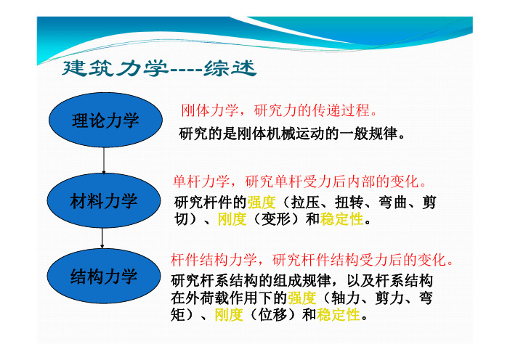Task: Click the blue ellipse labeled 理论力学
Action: tap(105, 120)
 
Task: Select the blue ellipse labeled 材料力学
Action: tap(104, 200)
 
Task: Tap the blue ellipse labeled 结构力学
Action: tap(104, 276)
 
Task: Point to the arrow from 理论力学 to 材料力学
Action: tap(104, 160)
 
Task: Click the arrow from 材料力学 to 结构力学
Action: tap(102, 238)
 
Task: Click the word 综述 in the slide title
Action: tap(230, 68)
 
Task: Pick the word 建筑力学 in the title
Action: tap(115, 68)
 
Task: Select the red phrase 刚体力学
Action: tap(209, 110)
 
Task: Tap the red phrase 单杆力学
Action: tap(201, 181)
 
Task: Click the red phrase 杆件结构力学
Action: tap(214, 260)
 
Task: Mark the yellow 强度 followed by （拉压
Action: tap(262, 202)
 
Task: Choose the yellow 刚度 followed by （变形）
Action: tap(232, 219)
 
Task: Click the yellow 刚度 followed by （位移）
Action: tap(229, 314)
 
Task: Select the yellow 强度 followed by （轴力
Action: tap(301, 298)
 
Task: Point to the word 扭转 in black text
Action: tap(349, 202)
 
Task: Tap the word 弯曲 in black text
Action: tap(393, 202)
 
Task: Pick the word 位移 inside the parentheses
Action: tap(272, 314)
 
